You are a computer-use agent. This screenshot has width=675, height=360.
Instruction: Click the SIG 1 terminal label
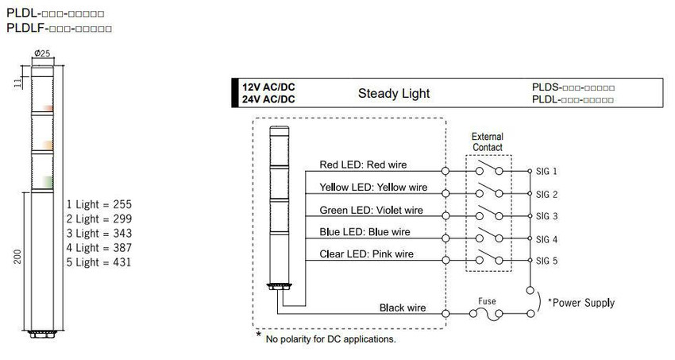[546, 172]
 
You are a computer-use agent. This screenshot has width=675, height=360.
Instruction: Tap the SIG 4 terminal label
[546, 239]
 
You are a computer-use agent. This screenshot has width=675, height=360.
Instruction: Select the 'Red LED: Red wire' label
[363, 165]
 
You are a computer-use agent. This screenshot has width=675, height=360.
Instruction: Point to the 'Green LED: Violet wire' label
[371, 210]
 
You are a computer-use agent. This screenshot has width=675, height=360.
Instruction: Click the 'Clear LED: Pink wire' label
[366, 254]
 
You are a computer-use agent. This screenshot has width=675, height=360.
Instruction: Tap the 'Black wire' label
[403, 308]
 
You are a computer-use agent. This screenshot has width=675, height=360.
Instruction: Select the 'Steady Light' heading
[394, 94]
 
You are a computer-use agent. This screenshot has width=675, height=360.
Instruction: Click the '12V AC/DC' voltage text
[268, 87]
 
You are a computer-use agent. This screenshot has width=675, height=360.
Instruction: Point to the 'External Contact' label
[488, 141]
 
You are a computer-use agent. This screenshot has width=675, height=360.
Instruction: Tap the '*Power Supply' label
[581, 303]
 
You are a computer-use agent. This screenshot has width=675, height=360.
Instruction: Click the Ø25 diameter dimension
[42, 53]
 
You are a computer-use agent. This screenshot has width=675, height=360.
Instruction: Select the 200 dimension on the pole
[17, 257]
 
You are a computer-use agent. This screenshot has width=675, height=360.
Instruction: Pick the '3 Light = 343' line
[99, 234]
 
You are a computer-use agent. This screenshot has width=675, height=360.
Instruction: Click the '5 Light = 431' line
[98, 262]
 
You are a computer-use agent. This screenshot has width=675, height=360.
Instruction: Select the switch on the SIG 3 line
[489, 213]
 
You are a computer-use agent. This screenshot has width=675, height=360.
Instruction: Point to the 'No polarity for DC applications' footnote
[330, 339]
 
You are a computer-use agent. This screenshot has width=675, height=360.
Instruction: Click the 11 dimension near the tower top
[18, 83]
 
